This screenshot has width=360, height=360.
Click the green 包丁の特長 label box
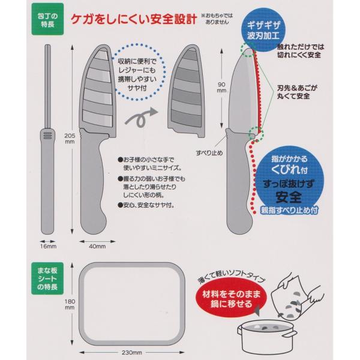click(x=47, y=19)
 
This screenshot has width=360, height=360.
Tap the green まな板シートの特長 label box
click(x=47, y=278)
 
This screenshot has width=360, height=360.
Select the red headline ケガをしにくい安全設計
click(x=134, y=19)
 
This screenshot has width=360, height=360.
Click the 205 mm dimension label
click(x=70, y=139)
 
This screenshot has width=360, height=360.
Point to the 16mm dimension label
click(x=48, y=247)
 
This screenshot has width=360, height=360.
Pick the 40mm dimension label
click(x=97, y=247)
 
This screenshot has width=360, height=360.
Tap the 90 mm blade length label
click(x=221, y=88)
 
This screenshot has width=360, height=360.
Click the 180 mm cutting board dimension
click(x=70, y=304)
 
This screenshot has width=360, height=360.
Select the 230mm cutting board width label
click(x=132, y=352)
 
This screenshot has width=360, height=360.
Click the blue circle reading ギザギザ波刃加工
click(x=263, y=30)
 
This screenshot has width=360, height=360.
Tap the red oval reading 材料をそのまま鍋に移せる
click(x=231, y=298)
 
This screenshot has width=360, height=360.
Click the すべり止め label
click(x=209, y=152)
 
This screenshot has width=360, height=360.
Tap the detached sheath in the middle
click(x=186, y=91)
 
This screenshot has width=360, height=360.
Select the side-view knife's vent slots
click(x=48, y=136)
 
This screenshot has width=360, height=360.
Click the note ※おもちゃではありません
click(x=217, y=19)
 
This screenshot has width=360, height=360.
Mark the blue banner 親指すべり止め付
click(x=289, y=210)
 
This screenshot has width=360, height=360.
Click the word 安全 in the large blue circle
click(x=289, y=197)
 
